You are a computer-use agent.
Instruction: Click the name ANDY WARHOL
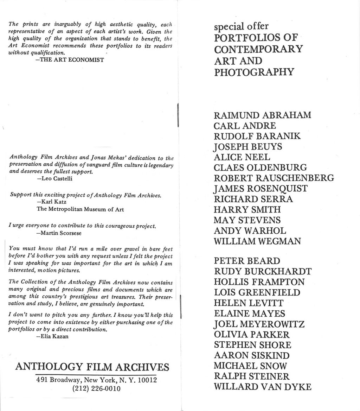(250, 231)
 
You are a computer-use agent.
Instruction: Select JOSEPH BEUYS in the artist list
(247, 146)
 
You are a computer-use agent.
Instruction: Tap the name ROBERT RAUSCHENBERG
(274, 178)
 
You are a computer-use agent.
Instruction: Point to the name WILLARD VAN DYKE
(262, 387)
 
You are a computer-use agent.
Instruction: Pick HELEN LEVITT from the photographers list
(249, 303)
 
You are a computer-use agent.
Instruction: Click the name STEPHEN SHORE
(252, 345)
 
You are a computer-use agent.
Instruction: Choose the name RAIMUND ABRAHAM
(262, 115)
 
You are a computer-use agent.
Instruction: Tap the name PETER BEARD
(247, 261)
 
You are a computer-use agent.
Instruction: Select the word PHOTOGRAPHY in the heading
(254, 72)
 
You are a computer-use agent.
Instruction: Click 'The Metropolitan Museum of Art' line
(80, 209)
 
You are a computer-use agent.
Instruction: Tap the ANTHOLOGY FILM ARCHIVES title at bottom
(92, 367)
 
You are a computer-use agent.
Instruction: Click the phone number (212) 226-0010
(96, 389)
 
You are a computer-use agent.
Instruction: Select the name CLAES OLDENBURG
(260, 167)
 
